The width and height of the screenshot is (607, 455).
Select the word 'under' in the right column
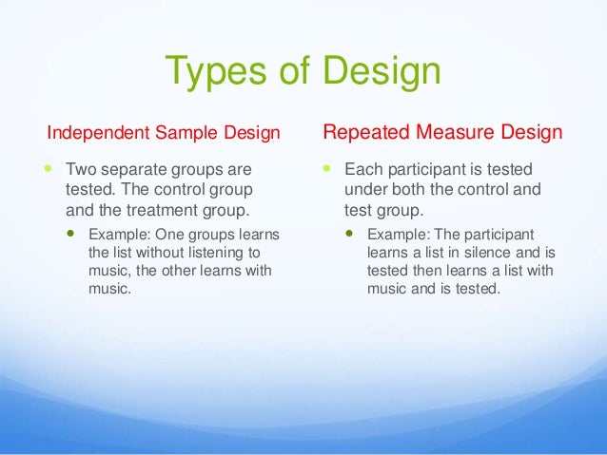(362, 191)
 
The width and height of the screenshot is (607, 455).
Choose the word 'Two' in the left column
(80, 172)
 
